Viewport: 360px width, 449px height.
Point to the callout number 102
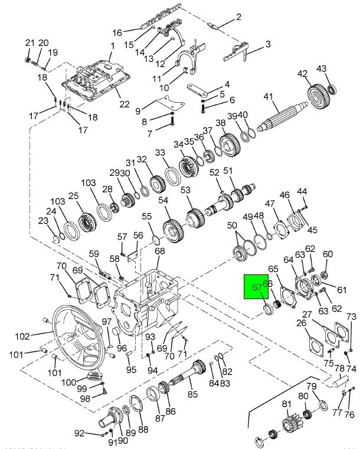(22, 336)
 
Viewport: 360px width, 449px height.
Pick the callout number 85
(192, 395)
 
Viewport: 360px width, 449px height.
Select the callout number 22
(124, 104)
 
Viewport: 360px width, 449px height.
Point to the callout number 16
(117, 32)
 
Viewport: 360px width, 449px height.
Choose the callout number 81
(287, 404)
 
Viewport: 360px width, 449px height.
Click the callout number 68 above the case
(160, 251)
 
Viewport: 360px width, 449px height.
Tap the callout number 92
(79, 434)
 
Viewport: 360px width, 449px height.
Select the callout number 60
(328, 254)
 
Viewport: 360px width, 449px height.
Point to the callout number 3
(267, 44)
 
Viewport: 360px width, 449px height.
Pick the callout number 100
(69, 382)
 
